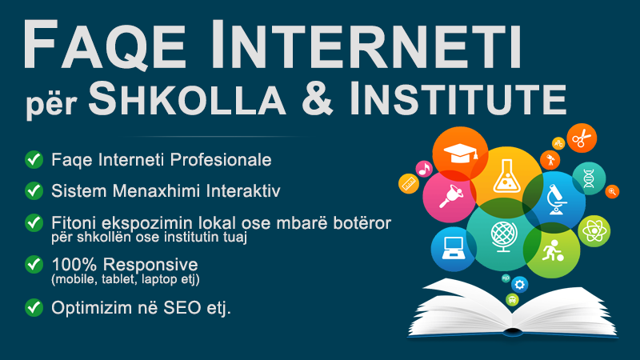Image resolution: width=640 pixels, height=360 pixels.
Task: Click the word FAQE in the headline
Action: tap(105, 45)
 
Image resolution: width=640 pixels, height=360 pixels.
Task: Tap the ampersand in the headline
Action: tap(318, 98)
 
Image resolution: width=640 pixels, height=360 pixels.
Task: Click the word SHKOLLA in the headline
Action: tap(187, 98)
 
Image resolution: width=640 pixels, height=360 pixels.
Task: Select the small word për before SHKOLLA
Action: tap(52, 105)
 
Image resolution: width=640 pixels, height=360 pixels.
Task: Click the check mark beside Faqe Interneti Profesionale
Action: tap(34, 159)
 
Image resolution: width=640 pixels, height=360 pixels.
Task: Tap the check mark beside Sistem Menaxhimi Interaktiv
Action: tap(34, 190)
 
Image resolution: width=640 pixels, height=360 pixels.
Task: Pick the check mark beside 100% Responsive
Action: tap(34, 265)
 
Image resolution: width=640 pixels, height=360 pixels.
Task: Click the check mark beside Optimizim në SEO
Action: tap(34, 308)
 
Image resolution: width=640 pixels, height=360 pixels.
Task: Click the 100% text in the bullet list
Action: tap(74, 265)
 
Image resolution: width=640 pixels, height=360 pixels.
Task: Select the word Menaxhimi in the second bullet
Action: tap(156, 191)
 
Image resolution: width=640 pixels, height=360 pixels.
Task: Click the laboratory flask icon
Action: tap(506, 176)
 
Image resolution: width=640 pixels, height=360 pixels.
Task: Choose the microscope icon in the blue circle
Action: tap(556, 199)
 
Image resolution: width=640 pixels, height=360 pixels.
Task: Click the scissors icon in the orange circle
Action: tap(582, 138)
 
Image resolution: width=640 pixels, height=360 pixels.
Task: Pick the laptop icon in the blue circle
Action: tap(453, 248)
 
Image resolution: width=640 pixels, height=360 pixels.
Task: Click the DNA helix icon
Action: tap(589, 178)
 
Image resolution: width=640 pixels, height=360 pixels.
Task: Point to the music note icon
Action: tap(424, 169)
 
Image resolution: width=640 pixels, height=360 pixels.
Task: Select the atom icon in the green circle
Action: tap(594, 231)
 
